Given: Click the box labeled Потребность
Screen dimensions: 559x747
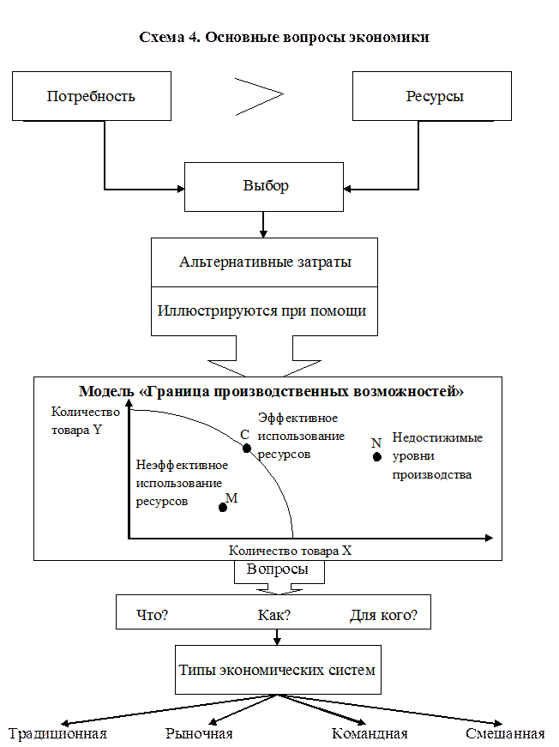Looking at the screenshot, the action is [91, 96].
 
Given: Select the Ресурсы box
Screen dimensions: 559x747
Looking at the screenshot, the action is [434, 96].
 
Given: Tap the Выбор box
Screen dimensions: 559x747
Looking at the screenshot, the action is [265, 186].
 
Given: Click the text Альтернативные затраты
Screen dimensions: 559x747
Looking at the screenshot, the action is [265, 262].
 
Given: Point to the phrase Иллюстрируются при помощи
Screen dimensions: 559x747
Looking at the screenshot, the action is [261, 310].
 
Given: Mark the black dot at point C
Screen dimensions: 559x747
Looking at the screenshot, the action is [246, 448].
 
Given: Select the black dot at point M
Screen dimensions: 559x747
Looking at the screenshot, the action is [223, 507].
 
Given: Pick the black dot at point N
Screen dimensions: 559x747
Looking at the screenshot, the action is [376, 456].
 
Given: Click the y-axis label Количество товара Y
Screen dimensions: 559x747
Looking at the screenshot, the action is [76, 421].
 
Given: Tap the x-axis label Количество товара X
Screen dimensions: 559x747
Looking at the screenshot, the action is [290, 551].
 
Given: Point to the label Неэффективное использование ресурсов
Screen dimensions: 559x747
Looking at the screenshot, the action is [181, 483].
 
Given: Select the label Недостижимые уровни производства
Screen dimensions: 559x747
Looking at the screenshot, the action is [436, 455].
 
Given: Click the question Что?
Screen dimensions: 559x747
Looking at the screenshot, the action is [153, 616].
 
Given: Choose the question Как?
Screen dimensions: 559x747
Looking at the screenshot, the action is [274, 616].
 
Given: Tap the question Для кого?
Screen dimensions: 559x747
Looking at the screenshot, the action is [383, 616].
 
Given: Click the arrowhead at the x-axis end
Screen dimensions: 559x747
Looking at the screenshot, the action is [489, 538].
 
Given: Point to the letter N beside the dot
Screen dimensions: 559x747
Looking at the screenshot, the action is [376, 443].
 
